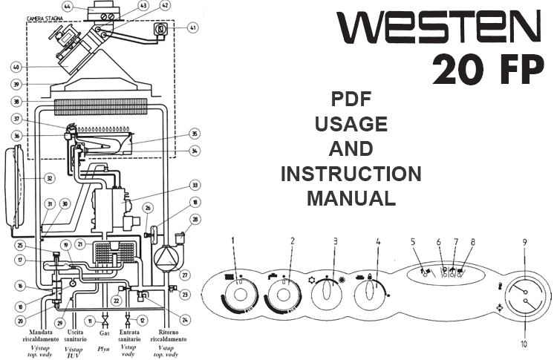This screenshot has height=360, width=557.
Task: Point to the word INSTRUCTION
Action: coord(351,174)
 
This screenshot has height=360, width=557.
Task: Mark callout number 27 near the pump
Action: coord(186,275)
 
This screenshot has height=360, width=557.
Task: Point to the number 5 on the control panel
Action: coord(413,241)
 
